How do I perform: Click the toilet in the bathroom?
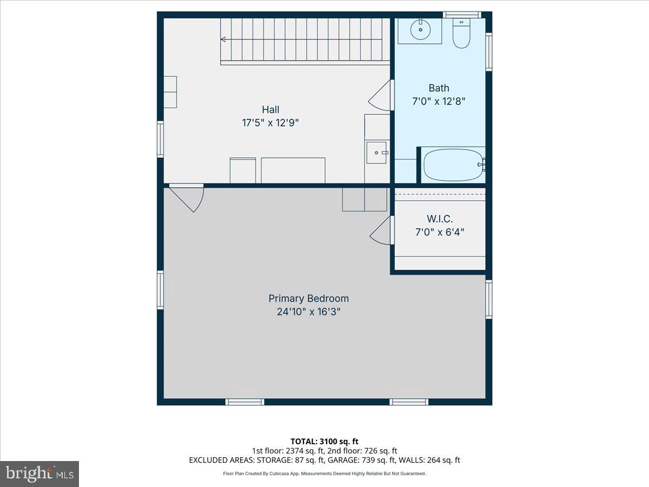[x=461, y=34]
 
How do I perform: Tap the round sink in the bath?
[x=420, y=30]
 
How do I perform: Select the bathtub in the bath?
[x=453, y=165]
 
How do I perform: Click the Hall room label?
[x=270, y=110]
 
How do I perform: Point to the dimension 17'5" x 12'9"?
[x=270, y=123]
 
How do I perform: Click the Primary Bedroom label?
[x=308, y=298]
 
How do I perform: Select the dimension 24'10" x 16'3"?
[x=308, y=312]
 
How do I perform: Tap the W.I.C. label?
[x=440, y=219]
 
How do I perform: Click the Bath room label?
[x=439, y=88]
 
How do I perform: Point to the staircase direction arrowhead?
[x=223, y=39]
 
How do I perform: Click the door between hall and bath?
[x=381, y=96]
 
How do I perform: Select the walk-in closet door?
[x=381, y=231]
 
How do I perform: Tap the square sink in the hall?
[x=376, y=153]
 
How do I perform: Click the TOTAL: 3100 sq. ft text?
[x=324, y=442]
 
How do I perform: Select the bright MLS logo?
[x=39, y=473]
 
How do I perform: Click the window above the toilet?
[x=461, y=15]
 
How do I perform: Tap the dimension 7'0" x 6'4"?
[x=440, y=232]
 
